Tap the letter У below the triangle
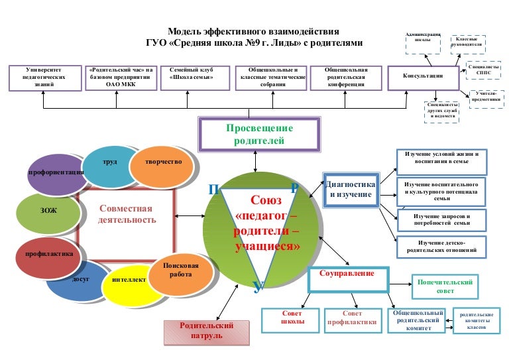pos(258,287)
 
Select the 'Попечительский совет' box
pos(445,286)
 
